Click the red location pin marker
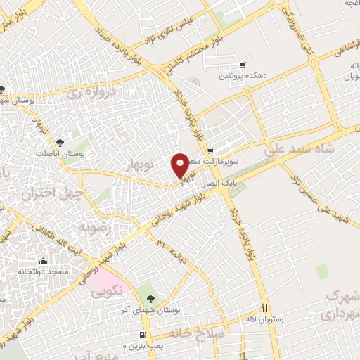(x=180, y=165)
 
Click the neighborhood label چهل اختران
(x=53, y=191)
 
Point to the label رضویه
(x=94, y=227)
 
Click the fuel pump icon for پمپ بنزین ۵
(x=143, y=335)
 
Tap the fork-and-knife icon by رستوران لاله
(x=265, y=308)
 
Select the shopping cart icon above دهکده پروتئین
(x=243, y=64)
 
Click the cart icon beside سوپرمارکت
(x=210, y=150)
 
